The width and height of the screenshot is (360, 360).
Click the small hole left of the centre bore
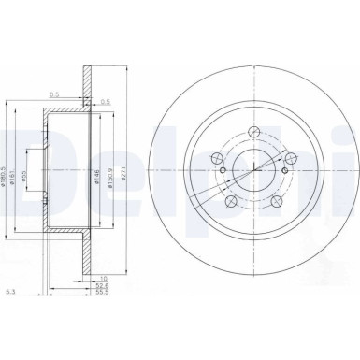click(x=222, y=170)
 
